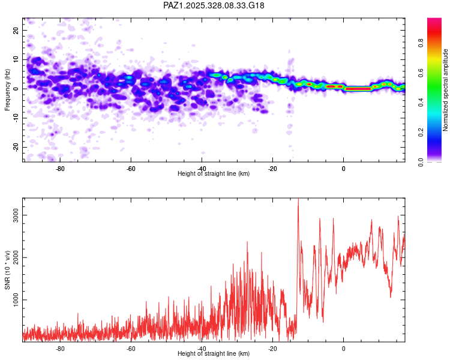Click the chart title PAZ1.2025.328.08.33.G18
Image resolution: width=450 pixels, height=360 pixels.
214,5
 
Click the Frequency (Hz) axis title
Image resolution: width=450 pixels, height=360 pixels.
8,89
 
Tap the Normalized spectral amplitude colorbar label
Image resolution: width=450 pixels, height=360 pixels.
446,89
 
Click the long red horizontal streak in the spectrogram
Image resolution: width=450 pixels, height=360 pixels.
359,89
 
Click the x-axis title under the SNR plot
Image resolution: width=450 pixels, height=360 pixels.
214,353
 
